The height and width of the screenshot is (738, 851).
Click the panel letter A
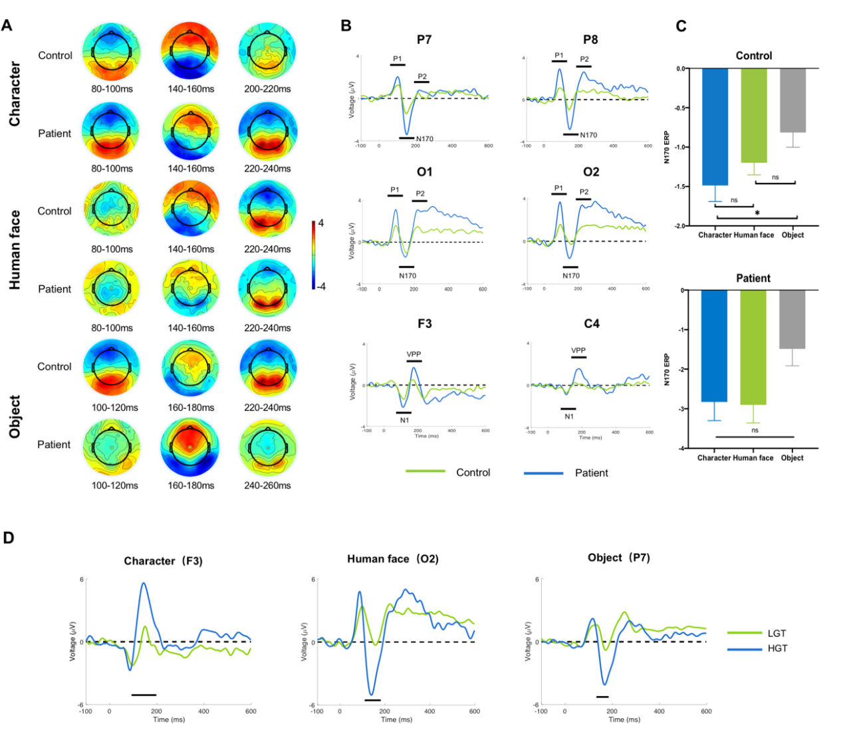tap(7, 26)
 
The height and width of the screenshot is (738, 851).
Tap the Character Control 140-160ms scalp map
tap(191, 51)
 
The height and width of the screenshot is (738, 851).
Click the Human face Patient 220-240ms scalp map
tap(267, 289)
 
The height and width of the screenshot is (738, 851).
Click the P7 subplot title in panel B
tap(424, 40)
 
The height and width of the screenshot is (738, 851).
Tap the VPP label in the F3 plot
tap(414, 354)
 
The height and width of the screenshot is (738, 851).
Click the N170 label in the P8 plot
tap(588, 135)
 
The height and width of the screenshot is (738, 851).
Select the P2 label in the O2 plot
tap(584, 192)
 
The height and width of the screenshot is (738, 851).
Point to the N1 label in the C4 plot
tap(569, 416)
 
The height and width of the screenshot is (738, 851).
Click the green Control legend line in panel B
tap(425, 472)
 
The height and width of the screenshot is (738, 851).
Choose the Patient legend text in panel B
tap(591, 473)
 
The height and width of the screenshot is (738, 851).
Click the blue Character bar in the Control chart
tap(715, 127)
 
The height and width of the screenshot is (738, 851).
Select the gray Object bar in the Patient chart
tap(792, 319)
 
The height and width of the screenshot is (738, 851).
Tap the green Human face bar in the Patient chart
tap(753, 347)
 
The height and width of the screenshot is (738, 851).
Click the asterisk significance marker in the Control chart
tap(757, 213)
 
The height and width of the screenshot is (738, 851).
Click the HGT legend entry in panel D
tap(777, 648)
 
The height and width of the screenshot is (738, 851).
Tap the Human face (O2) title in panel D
tap(392, 559)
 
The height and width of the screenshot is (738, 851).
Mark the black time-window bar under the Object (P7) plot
tap(602, 697)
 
